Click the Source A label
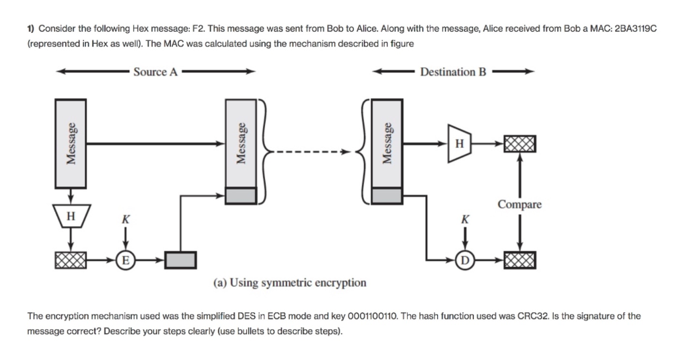point(155,71)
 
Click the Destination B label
point(453,71)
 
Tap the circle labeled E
point(125,260)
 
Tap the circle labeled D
point(464,260)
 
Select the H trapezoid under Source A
point(71,216)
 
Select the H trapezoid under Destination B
point(459,144)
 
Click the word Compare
point(519,205)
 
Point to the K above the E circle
point(126,219)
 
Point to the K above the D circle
point(465,219)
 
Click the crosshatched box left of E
point(71,260)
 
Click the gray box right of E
point(180,260)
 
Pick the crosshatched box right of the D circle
point(520,260)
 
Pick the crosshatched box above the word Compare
point(520,144)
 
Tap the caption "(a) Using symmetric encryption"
point(289,282)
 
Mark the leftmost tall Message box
point(70,144)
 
